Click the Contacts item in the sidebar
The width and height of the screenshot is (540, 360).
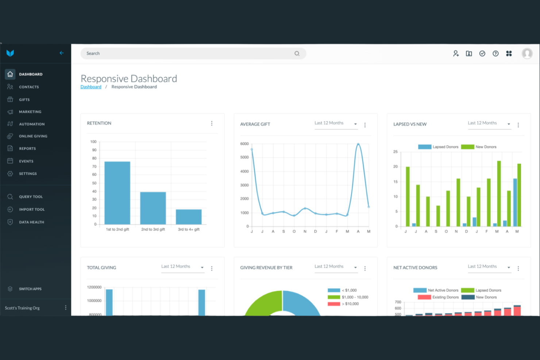pyautogui.click(x=28, y=87)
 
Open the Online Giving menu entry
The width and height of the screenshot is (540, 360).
pyautogui.click(x=33, y=136)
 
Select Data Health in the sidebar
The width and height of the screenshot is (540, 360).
pyautogui.click(x=31, y=222)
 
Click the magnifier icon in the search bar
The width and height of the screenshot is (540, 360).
pyautogui.click(x=297, y=54)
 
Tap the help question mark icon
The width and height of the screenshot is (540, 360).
pyautogui.click(x=495, y=54)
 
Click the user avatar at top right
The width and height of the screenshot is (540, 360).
pyautogui.click(x=527, y=54)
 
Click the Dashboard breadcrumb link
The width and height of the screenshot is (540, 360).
pyautogui.click(x=91, y=87)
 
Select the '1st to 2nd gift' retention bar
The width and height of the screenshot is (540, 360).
pyautogui.click(x=117, y=193)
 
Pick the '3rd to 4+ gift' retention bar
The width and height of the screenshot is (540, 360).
pyautogui.click(x=189, y=217)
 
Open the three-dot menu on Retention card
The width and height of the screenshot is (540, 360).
pyautogui.click(x=212, y=123)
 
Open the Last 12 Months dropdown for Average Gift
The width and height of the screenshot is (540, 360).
pyautogui.click(x=336, y=123)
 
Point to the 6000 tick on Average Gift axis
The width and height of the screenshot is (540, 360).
pyautogui.click(x=244, y=144)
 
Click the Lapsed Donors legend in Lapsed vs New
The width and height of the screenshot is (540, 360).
pyautogui.click(x=438, y=147)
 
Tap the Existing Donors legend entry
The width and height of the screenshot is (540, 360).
pyautogui.click(x=438, y=297)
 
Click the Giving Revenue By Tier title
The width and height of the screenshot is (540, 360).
pyautogui.click(x=266, y=268)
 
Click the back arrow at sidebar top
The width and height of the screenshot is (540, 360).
pyautogui.click(x=62, y=53)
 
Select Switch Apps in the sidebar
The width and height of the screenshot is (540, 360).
pyautogui.click(x=30, y=289)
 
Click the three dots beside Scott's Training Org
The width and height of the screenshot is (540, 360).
pyautogui.click(x=66, y=307)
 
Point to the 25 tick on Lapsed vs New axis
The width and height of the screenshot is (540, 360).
pyautogui.click(x=396, y=152)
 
